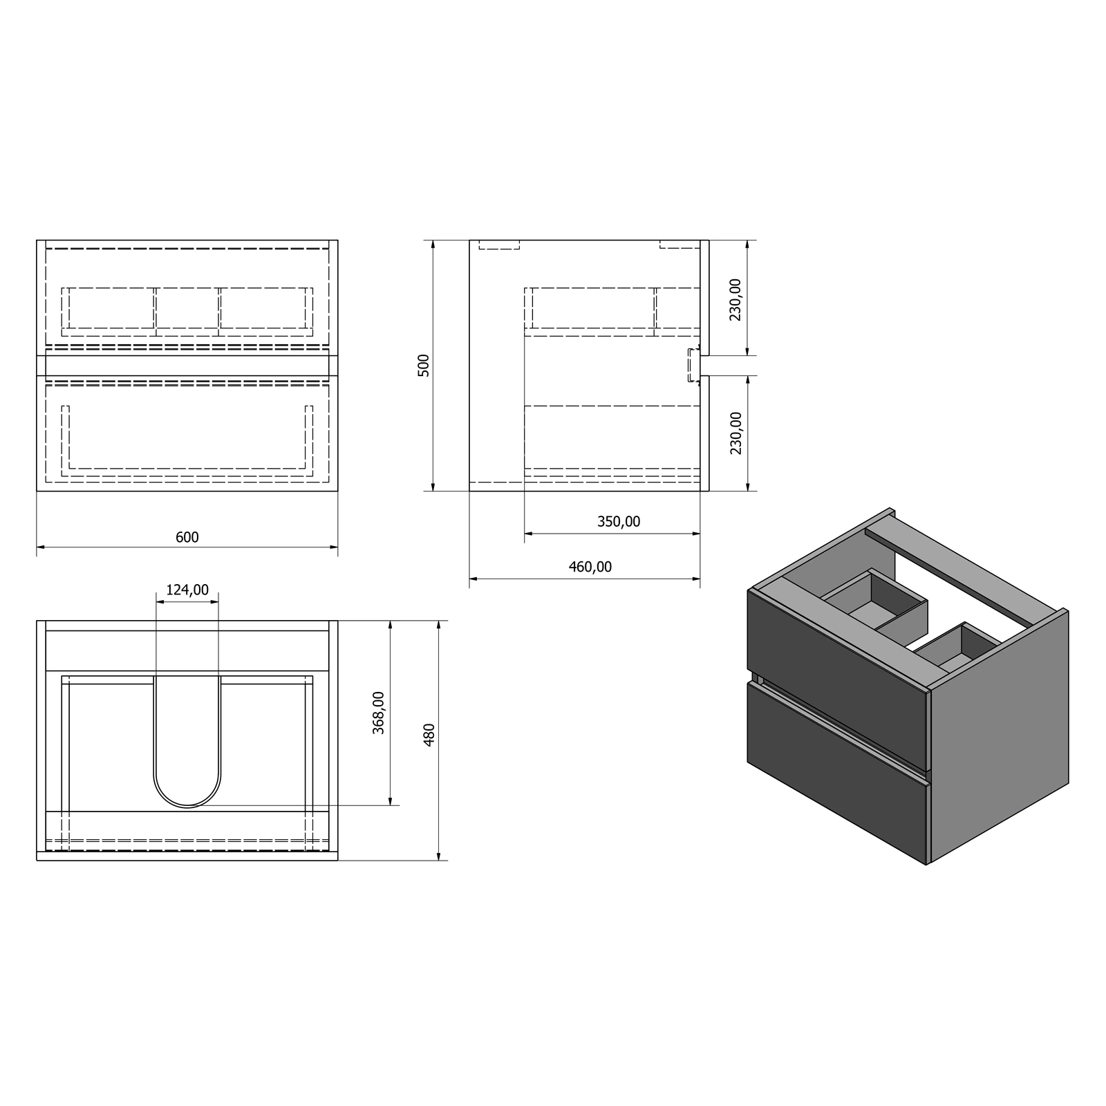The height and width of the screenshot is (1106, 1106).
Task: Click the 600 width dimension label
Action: (x=187, y=537)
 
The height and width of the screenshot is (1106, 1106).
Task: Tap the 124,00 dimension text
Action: (x=187, y=590)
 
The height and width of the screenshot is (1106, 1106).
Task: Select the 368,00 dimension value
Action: (x=379, y=713)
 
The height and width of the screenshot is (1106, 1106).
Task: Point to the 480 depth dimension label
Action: (x=429, y=735)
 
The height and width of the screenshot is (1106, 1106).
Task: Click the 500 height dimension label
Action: (x=424, y=365)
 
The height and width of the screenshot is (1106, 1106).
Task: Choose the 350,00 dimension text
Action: (x=619, y=521)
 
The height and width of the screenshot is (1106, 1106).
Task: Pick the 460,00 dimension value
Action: (x=590, y=567)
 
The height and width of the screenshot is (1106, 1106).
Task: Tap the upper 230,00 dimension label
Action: (x=735, y=299)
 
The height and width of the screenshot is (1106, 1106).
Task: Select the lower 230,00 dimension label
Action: (x=735, y=433)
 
